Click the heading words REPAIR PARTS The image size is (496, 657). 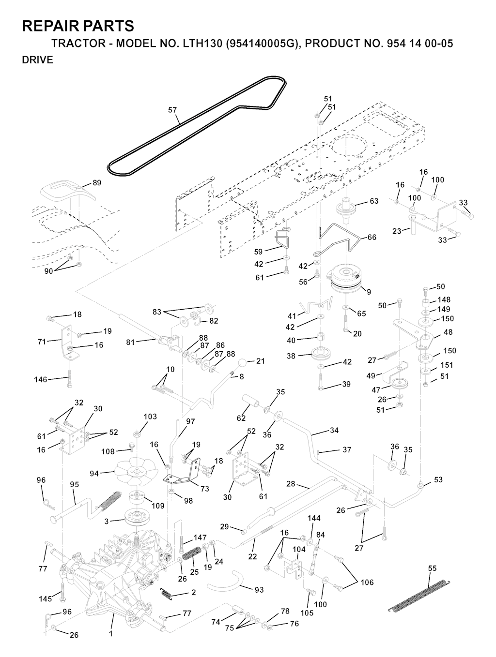click(x=78, y=26)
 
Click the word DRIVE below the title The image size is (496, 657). click(x=37, y=60)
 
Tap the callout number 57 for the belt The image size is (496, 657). click(x=172, y=110)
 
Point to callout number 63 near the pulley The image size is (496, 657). click(x=374, y=201)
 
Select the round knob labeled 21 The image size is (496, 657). click(x=244, y=363)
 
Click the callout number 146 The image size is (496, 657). click(x=41, y=380)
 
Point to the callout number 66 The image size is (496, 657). click(x=372, y=237)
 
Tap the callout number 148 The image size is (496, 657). click(x=444, y=300)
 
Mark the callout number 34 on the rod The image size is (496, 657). click(x=334, y=430)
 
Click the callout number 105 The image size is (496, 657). click(x=307, y=613)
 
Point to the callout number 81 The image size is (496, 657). click(x=130, y=342)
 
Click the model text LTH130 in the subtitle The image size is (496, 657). click(x=204, y=44)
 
